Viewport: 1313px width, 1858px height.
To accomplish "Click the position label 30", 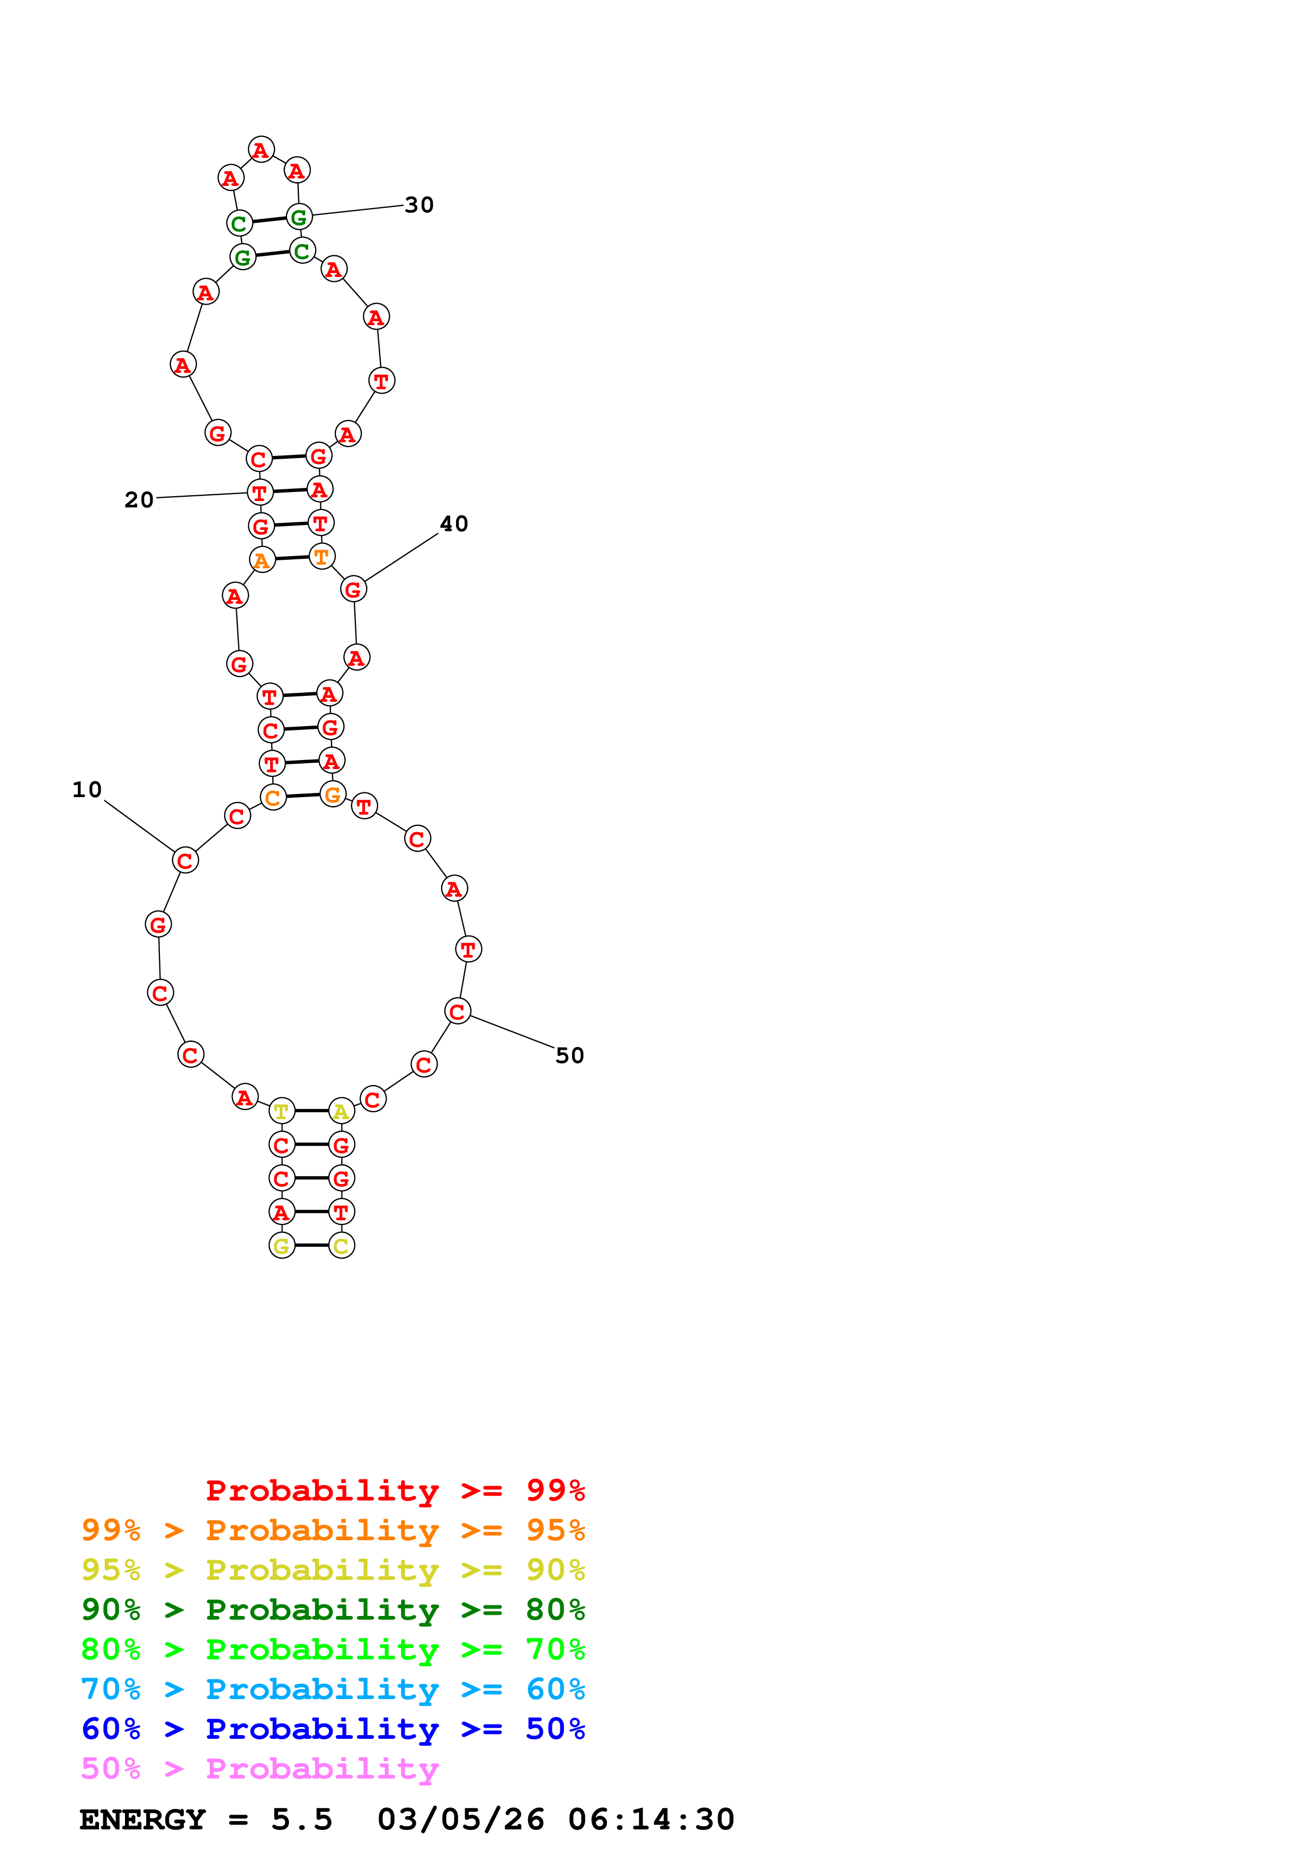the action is [x=419, y=205].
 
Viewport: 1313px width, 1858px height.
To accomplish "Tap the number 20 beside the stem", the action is [x=138, y=500].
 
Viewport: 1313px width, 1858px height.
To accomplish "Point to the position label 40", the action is [x=454, y=524].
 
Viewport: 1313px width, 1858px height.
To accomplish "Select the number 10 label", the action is [x=86, y=789].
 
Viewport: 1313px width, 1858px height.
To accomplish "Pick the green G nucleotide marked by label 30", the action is [x=299, y=217].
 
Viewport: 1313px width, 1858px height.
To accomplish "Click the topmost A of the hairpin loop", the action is [x=261, y=150].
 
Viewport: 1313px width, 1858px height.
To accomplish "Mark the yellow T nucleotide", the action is [x=282, y=1111].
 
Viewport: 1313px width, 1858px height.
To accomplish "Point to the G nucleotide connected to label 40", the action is [x=353, y=590].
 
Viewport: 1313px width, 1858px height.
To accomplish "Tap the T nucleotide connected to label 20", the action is [x=260, y=492].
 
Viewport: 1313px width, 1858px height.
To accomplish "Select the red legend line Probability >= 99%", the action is [x=395, y=1490].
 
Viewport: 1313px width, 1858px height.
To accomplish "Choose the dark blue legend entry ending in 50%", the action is [x=333, y=1729].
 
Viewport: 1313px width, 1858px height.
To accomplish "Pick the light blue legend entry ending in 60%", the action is [x=333, y=1689].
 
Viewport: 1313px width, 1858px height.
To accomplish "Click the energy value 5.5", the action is [x=302, y=1819].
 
